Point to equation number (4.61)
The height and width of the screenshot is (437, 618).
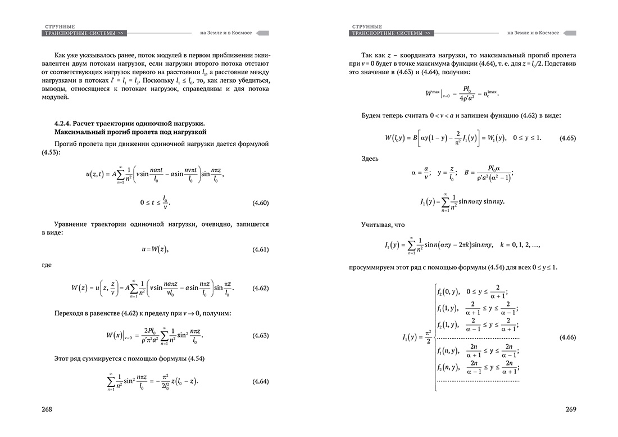[259, 249]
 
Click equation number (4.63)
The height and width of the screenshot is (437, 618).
[259, 336]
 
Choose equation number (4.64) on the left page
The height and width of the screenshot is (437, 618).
[259, 381]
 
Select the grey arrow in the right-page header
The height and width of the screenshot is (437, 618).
[570, 33]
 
